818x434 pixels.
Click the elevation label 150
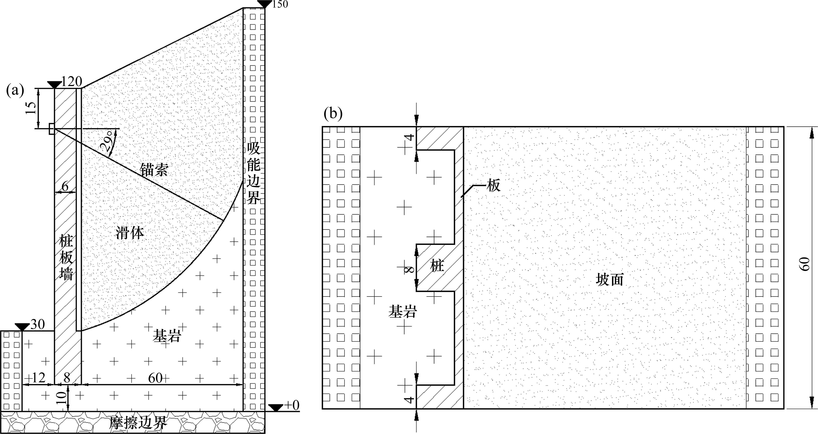coord(280,5)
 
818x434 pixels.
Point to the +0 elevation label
coord(291,406)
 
